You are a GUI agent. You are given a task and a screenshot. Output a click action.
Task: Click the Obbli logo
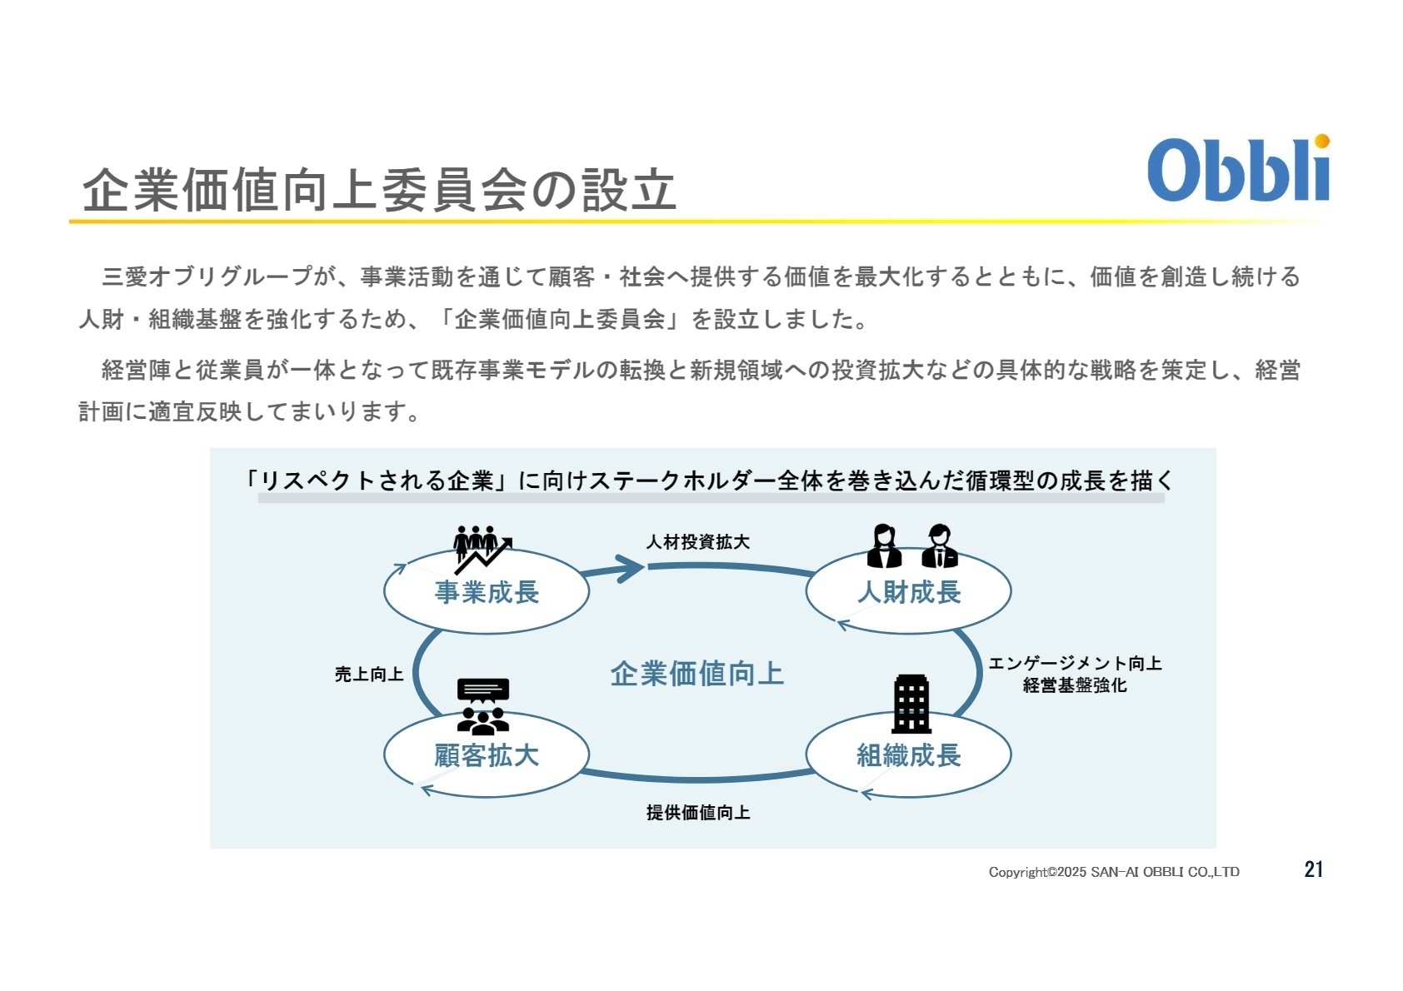[x=1238, y=170]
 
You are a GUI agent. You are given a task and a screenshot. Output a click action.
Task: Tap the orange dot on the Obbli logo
[x=1321, y=142]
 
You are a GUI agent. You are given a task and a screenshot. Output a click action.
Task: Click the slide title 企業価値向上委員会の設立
[x=379, y=190]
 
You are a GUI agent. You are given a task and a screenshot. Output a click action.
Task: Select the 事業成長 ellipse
[x=487, y=592]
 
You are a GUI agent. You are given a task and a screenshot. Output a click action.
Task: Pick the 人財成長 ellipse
[x=908, y=592]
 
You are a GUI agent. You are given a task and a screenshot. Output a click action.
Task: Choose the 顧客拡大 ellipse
[x=487, y=755]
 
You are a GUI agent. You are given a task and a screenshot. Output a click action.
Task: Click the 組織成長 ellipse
[x=908, y=755]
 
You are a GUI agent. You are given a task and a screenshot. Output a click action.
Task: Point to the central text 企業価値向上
[x=697, y=674]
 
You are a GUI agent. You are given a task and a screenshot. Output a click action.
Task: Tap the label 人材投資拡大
[x=698, y=542]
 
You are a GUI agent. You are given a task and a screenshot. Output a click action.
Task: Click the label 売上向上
[x=368, y=674]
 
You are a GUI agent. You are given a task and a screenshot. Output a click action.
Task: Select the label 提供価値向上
[x=698, y=812]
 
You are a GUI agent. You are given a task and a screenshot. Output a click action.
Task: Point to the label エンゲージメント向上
[x=1075, y=664]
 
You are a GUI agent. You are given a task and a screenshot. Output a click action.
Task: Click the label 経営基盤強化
[x=1075, y=685]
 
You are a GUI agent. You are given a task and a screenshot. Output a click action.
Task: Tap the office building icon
[x=911, y=704]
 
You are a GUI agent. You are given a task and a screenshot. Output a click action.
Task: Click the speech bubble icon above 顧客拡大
[x=483, y=691]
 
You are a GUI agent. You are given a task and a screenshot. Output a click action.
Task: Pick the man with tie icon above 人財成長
[x=939, y=546]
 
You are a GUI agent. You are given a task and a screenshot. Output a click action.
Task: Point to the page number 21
[x=1313, y=869]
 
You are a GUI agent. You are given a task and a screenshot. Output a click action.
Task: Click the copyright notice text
[x=1114, y=872]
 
